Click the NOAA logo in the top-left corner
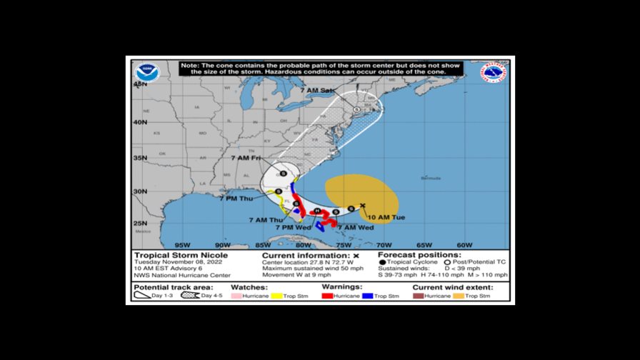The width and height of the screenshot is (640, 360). tap(146, 73)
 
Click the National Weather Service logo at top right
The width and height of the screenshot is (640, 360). tap(494, 73)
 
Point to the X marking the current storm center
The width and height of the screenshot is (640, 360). tap(363, 206)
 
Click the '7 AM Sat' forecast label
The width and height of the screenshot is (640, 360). tap(316, 91)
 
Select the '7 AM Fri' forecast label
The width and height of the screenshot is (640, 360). tap(246, 157)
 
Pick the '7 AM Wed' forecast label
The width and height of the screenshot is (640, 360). tap(355, 227)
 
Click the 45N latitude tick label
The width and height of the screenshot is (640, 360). tap(140, 84)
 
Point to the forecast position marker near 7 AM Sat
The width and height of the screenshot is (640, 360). tap(356, 109)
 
